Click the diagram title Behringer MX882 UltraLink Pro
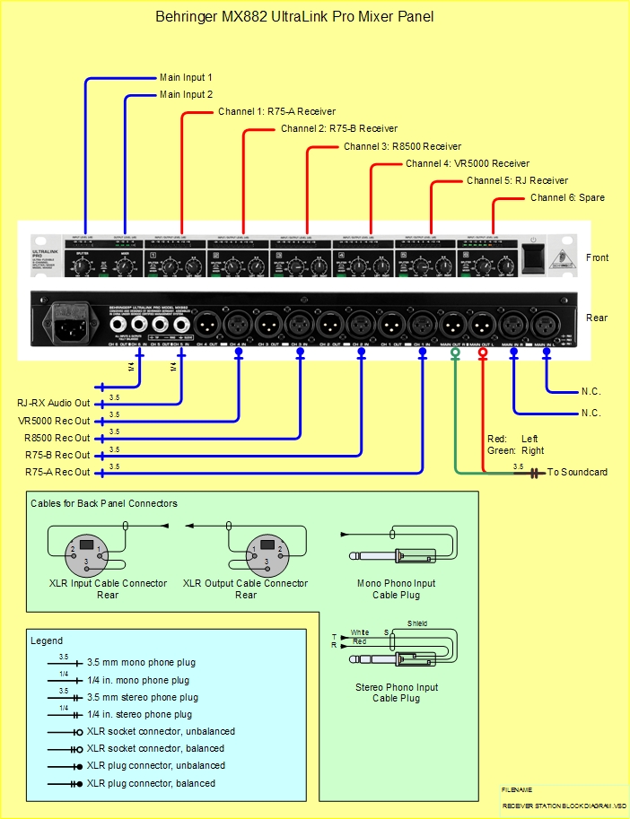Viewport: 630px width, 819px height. [x=294, y=16]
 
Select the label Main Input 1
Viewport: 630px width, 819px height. [x=186, y=78]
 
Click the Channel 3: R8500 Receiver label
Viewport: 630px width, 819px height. [x=402, y=146]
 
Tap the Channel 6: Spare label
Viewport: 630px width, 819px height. [x=567, y=197]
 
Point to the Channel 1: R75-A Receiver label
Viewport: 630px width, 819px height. [x=276, y=112]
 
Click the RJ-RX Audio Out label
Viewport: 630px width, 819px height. [x=54, y=404]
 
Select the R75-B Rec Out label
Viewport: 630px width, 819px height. [x=57, y=455]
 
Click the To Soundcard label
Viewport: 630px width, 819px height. [x=577, y=472]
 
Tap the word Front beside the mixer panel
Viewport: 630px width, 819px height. [x=597, y=258]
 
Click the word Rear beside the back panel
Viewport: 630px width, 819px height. [x=596, y=318]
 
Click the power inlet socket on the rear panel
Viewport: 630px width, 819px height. [x=73, y=321]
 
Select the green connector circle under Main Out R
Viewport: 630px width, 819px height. [x=455, y=353]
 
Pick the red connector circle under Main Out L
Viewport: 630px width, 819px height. [x=484, y=353]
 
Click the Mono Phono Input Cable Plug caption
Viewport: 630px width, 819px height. [x=396, y=588]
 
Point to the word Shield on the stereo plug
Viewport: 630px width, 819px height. [x=417, y=623]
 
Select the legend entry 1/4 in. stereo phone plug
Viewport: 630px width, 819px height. [x=139, y=715]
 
